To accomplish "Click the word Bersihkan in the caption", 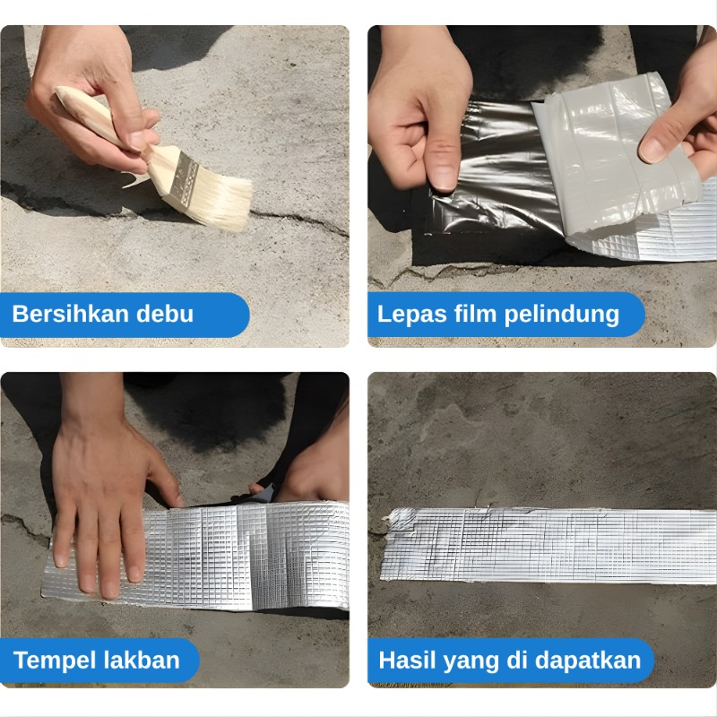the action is pos(71,314).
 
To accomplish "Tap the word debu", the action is pos(165,314).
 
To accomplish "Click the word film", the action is pos(475,314).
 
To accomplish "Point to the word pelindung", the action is pos(562,315).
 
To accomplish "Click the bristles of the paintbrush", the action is pos(220,201).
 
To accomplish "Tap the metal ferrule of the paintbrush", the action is pos(180,176).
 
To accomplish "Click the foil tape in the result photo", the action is pos(549,544).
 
